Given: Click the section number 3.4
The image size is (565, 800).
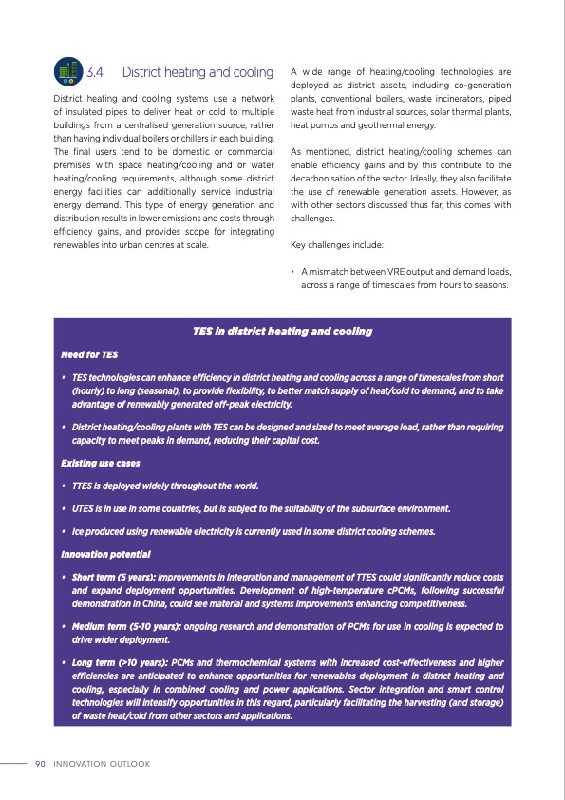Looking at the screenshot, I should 96,72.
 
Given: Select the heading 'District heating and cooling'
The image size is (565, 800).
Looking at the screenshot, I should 198,72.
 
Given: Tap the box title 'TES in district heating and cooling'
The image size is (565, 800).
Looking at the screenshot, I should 282,332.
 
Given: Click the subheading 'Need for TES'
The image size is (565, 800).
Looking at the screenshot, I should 88,354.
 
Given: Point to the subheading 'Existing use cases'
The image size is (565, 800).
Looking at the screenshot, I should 101,463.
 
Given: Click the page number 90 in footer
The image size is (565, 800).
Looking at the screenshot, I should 40,764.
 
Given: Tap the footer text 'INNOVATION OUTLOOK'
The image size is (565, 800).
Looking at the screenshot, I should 102,764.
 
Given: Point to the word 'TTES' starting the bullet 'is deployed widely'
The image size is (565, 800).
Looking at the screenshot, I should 85,486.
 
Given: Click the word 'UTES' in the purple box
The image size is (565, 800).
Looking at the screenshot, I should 85,508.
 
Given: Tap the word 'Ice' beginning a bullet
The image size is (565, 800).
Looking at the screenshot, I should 79,531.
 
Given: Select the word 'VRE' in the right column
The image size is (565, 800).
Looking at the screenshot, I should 392,272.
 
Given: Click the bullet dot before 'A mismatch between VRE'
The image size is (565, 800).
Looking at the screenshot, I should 293,272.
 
